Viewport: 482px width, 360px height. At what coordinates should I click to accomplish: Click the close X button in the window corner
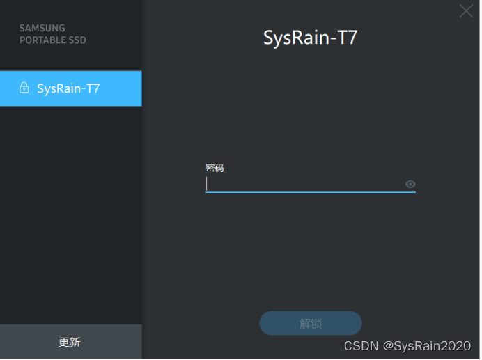pos(465,11)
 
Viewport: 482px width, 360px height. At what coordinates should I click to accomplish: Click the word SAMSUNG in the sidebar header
pos(42,29)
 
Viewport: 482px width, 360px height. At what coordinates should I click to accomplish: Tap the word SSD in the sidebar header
pos(77,40)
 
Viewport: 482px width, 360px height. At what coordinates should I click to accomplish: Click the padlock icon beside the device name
pos(24,88)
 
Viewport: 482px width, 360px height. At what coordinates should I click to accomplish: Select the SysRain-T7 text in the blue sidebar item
pos(68,88)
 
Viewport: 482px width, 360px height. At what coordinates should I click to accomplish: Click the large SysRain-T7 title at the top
pos(310,37)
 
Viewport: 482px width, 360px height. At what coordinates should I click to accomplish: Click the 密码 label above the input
pos(215,168)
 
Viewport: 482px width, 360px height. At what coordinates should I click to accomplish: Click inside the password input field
pos(303,184)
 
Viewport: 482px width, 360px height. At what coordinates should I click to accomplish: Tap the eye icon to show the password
pos(410,185)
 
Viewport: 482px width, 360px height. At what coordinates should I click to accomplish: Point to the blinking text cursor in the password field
pos(207,184)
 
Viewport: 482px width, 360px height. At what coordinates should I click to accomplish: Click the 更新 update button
pos(70,342)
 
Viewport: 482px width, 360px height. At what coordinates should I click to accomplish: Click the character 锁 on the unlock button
pos(316,324)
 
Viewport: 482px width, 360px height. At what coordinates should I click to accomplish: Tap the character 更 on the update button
pos(64,342)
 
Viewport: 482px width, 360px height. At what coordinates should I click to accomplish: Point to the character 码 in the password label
pos(219,168)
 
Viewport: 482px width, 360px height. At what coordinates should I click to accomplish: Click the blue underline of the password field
pos(310,191)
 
